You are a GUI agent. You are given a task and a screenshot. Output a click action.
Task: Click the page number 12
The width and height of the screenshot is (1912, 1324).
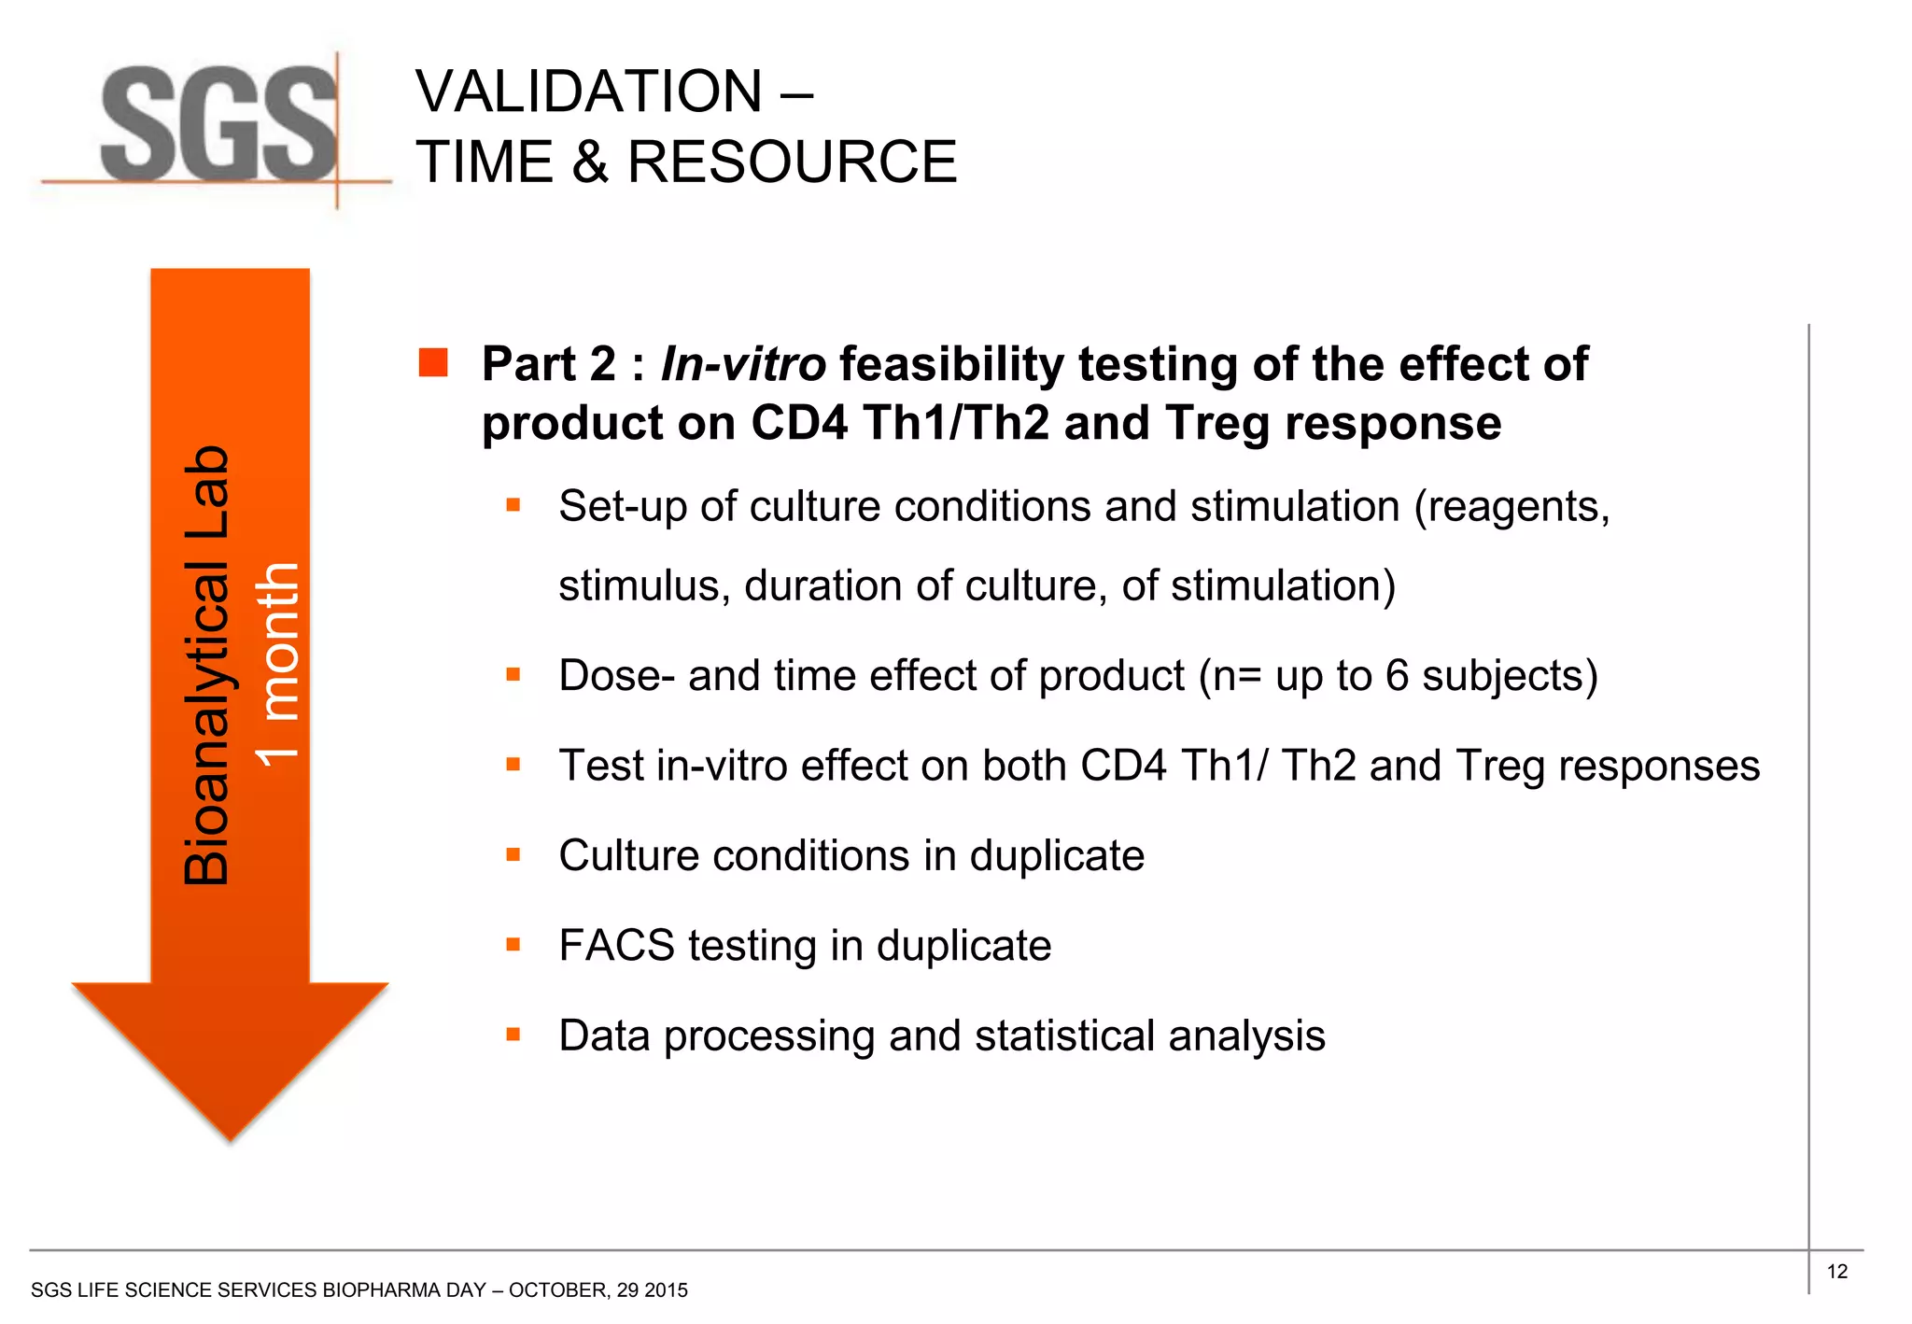click(1836, 1272)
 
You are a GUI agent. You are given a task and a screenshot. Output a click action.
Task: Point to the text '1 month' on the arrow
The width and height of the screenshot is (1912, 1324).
click(278, 665)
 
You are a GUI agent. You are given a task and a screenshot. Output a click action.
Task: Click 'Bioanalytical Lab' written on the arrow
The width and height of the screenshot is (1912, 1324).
click(206, 665)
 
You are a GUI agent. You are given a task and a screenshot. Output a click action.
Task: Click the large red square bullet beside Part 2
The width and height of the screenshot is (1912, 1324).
click(433, 363)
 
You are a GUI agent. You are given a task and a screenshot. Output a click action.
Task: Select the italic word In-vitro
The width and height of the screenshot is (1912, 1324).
click(742, 364)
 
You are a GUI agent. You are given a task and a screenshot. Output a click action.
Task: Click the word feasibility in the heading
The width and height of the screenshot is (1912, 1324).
click(951, 364)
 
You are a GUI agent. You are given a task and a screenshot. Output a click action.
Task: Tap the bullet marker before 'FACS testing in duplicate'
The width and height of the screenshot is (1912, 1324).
click(513, 945)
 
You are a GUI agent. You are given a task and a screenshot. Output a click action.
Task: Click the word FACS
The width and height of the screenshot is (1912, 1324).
click(616, 946)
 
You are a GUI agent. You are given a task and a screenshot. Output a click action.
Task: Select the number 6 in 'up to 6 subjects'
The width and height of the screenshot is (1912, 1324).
click(1397, 675)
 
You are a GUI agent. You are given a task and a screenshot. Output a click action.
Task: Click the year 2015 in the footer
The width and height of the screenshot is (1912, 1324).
click(666, 1290)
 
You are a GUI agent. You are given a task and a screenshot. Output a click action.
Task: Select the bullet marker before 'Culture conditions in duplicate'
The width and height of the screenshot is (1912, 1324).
click(513, 854)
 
